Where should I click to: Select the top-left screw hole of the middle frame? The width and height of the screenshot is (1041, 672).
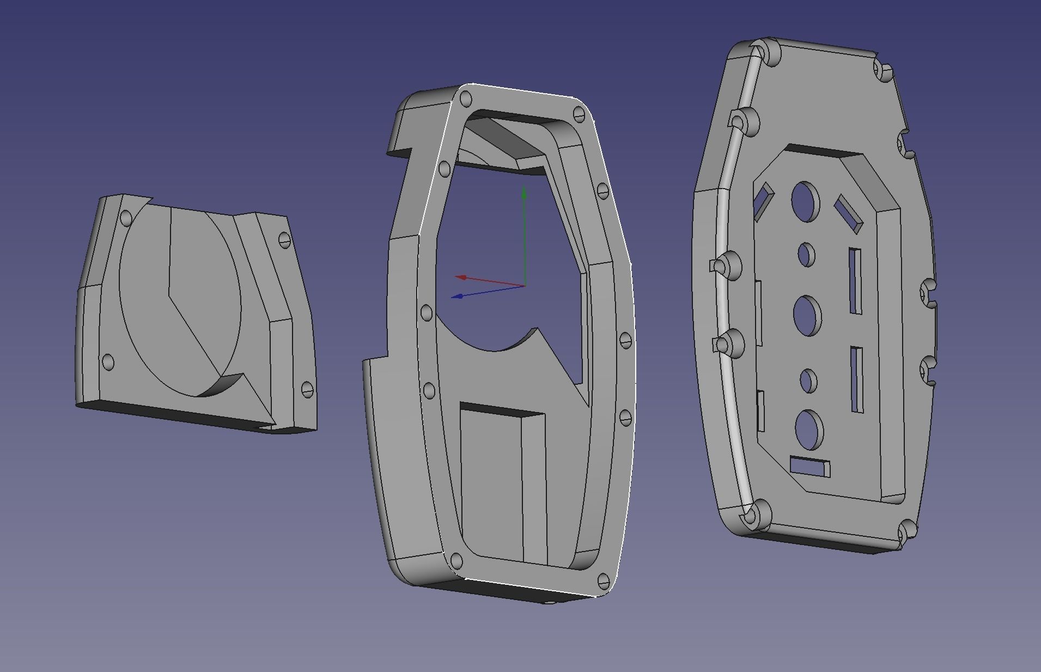pyautogui.click(x=466, y=99)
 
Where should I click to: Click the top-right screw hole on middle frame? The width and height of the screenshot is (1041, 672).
pyautogui.click(x=579, y=114)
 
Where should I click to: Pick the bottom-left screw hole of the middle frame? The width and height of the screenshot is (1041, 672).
pyautogui.click(x=456, y=561)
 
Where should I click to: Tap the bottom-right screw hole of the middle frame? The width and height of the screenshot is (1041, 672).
pyautogui.click(x=603, y=580)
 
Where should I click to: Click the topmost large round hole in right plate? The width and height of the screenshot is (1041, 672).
pyautogui.click(x=806, y=201)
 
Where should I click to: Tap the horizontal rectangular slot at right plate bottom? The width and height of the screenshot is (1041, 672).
pyautogui.click(x=810, y=467)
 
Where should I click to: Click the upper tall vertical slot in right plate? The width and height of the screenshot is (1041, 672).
pyautogui.click(x=855, y=281)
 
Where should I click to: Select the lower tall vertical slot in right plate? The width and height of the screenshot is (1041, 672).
pyautogui.click(x=857, y=379)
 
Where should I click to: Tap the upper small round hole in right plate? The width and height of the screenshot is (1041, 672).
pyautogui.click(x=806, y=255)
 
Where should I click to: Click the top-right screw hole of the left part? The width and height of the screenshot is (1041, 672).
pyautogui.click(x=285, y=239)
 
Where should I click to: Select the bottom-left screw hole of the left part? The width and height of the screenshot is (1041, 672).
pyautogui.click(x=108, y=362)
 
